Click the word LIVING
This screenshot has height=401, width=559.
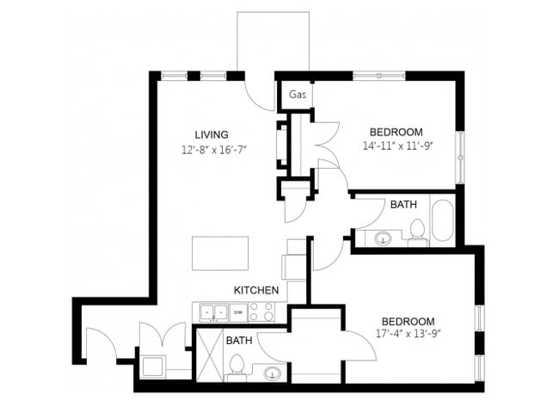tap(211, 134)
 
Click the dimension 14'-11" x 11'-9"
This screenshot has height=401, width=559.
tap(396, 146)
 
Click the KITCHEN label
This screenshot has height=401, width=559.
tap(256, 291)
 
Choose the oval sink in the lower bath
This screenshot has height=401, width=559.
tap(271, 373)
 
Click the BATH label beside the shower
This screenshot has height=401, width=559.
tap(238, 341)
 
